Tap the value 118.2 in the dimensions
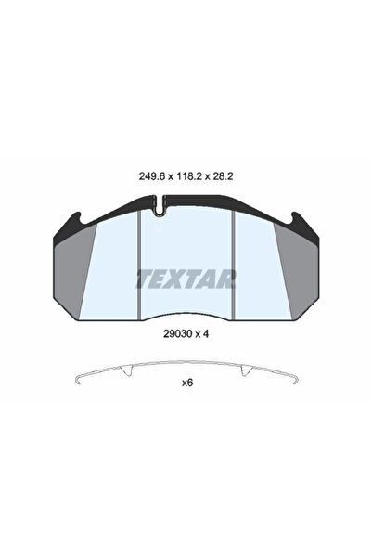(186, 171)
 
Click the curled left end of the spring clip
(77, 380)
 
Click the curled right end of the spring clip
(295, 380)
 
